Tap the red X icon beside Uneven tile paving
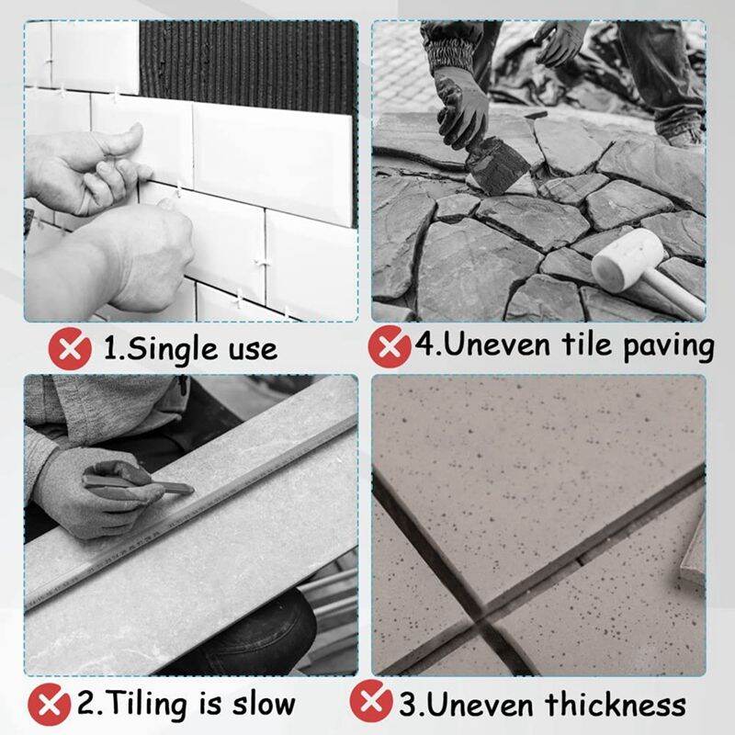click(x=389, y=346)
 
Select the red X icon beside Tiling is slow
click(x=50, y=706)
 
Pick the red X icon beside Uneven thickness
click(x=371, y=704)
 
